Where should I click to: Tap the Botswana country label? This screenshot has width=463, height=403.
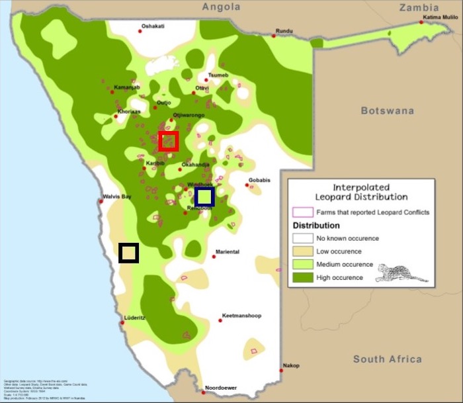pos(387,111)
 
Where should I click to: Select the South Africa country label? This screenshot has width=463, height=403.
pos(387,359)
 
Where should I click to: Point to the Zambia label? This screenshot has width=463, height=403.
pos(419,7)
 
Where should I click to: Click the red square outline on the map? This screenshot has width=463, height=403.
pos(169,141)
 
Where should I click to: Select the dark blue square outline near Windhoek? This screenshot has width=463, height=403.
pos(204,196)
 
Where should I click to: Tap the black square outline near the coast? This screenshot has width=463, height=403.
pos(128,253)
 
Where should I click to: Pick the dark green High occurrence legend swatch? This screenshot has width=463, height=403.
pos(302,277)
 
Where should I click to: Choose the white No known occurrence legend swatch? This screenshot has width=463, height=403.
pos(302,238)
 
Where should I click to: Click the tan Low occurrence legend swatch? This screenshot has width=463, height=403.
pos(302,251)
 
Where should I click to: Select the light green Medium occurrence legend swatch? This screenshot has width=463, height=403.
pos(302,264)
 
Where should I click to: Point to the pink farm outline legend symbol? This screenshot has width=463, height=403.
pos(302,212)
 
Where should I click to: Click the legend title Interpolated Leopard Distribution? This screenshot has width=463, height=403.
pos(360,192)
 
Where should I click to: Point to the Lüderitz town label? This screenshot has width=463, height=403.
pos(135,318)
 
